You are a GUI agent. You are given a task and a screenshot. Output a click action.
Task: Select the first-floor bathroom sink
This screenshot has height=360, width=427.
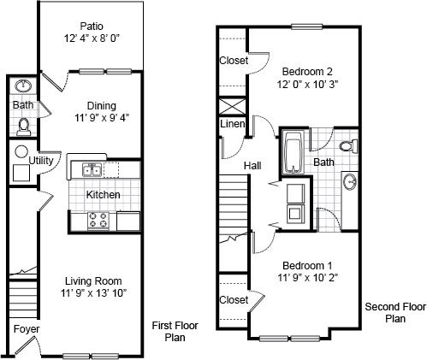tap(22, 86)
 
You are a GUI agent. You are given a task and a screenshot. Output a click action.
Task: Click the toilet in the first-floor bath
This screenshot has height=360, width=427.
tap(23, 127)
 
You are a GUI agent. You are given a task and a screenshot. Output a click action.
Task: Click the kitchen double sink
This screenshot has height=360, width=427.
tap(92, 169)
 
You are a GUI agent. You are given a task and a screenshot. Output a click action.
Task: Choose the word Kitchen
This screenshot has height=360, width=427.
tap(103, 195)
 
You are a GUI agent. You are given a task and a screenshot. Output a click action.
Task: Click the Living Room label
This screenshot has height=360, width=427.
tap(93, 280)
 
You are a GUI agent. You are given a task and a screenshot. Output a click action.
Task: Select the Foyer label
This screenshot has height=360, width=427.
tap(24, 329)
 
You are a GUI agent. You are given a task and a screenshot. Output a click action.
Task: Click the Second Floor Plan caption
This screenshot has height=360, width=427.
tap(394, 312)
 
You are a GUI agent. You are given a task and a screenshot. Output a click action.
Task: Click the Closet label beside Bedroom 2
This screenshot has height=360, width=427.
tap(233, 61)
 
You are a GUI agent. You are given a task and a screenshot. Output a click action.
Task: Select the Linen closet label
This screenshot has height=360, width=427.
tap(232, 126)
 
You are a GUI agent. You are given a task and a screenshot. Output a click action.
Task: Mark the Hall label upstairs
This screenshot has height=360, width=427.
tap(252, 165)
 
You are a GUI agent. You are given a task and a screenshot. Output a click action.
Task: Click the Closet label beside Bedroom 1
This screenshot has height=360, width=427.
tap(233, 300)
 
